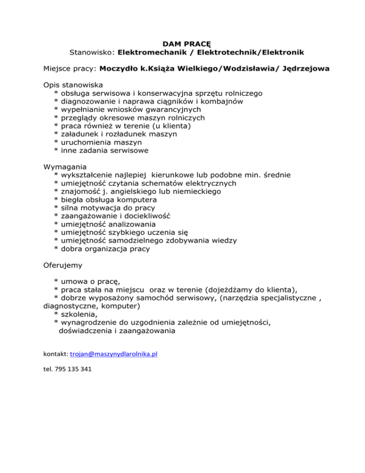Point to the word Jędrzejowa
(x=303, y=69)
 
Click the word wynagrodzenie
(x=91, y=322)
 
